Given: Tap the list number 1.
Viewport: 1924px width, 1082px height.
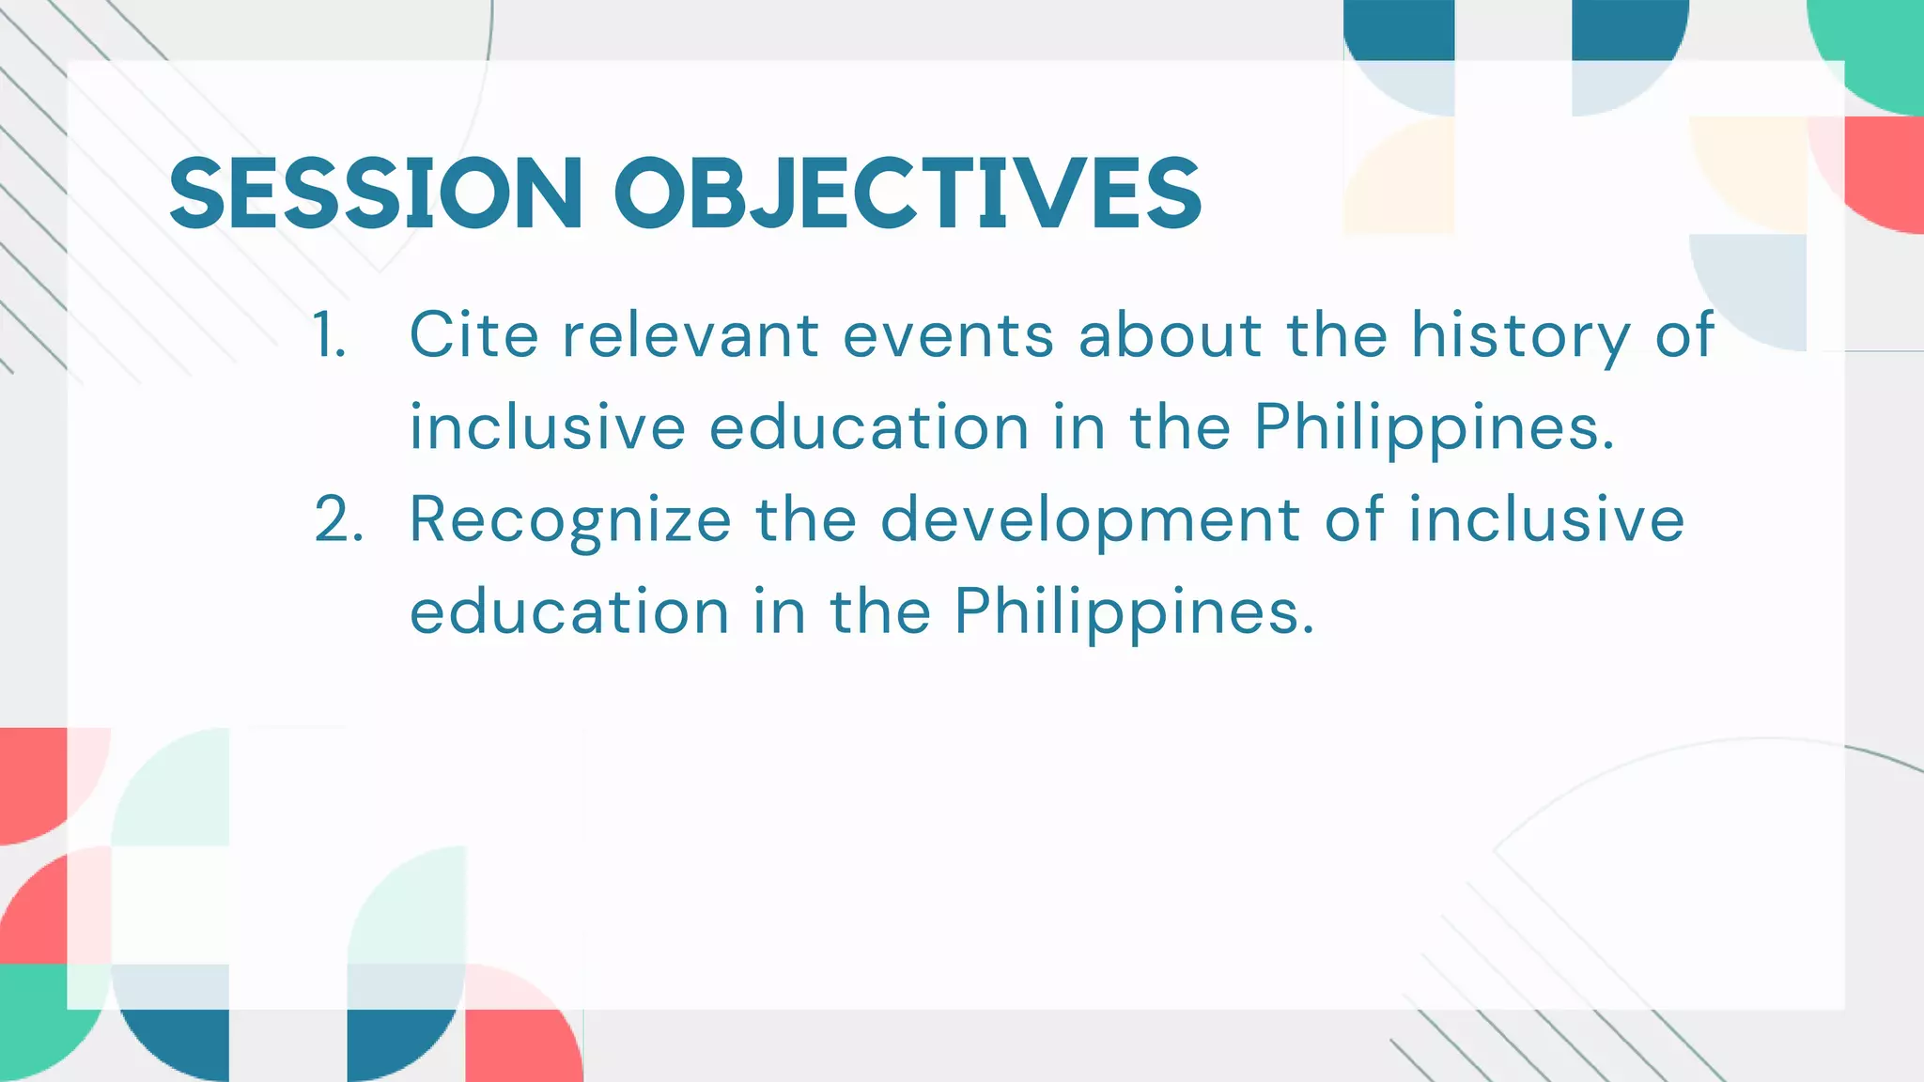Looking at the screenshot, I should (329, 335).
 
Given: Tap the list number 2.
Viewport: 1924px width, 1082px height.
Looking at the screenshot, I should (338, 519).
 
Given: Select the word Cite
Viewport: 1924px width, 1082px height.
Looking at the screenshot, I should (473, 335).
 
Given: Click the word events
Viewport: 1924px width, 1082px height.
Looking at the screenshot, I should (948, 335).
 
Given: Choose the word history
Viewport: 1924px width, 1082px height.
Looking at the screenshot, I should (1521, 335).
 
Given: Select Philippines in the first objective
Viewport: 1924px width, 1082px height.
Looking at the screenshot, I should (1434, 428).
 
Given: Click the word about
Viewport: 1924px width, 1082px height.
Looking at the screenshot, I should (1171, 335).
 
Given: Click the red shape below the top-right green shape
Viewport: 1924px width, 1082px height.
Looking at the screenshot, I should (1884, 174).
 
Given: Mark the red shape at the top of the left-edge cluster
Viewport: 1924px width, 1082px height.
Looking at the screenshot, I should (33, 780).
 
